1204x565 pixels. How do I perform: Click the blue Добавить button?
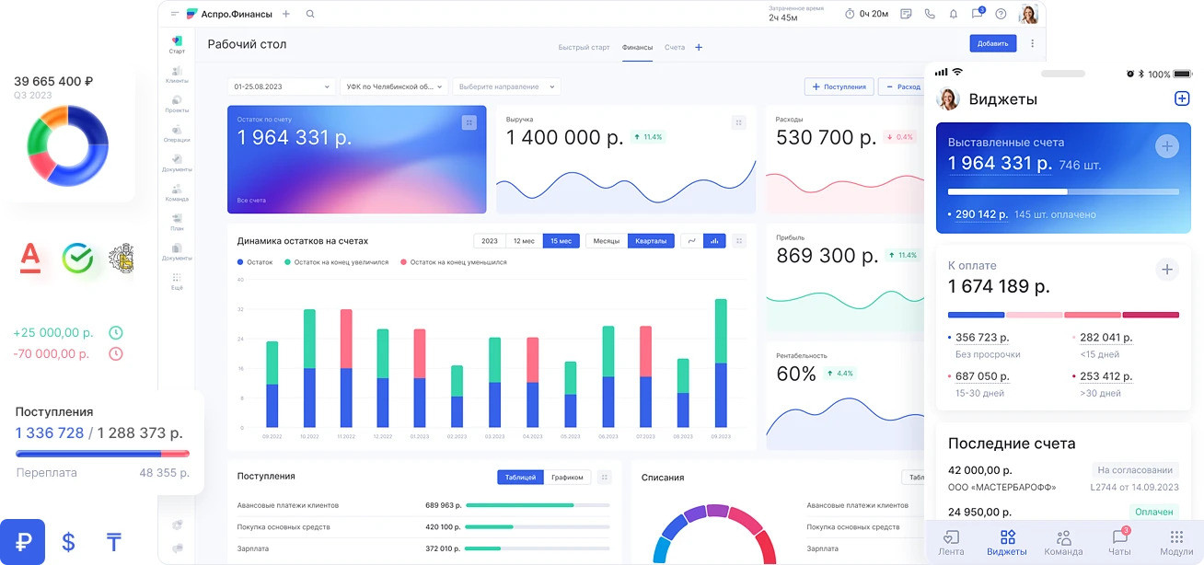point(992,43)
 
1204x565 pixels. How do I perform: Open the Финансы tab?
point(637,48)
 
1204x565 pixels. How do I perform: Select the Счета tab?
point(675,48)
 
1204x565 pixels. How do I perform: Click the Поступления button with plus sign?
point(839,86)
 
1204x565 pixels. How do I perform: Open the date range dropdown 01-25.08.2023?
point(282,86)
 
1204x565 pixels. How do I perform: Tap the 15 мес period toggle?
point(561,241)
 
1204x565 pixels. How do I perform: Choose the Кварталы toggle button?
point(651,241)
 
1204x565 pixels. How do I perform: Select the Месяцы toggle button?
point(606,241)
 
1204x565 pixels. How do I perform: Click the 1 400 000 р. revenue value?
point(564,138)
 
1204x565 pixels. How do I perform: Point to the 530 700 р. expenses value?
point(826,138)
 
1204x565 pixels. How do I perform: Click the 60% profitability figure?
point(796,374)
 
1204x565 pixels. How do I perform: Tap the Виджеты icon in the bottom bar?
point(1007,542)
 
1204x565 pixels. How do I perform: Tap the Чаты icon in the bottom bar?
point(1119,542)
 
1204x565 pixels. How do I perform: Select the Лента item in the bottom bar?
point(951,542)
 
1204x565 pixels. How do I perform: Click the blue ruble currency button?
point(23,542)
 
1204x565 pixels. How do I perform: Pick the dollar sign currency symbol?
point(68,542)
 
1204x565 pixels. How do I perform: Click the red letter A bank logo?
point(31,258)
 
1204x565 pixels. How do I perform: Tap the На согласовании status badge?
point(1135,469)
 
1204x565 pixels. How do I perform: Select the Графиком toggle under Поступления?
point(567,478)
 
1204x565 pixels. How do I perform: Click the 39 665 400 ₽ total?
point(53,81)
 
